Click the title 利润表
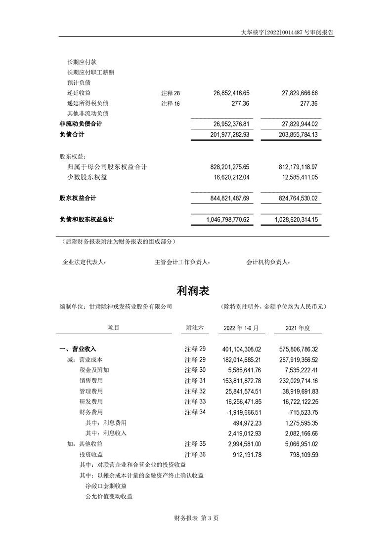193,290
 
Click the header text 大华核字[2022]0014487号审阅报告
287,32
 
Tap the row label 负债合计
72,134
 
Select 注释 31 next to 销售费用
195,380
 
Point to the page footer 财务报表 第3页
196,518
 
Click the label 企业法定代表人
84,262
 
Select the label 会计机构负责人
268,262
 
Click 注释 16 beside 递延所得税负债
171,103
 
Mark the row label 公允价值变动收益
109,496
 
